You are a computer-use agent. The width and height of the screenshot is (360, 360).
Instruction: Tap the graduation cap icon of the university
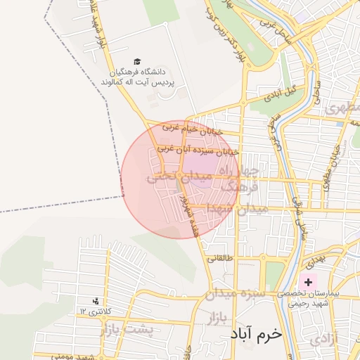pyautogui.click(x=136, y=62)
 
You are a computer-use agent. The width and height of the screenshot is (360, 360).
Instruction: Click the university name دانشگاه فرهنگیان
pyautogui.click(x=136, y=72)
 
